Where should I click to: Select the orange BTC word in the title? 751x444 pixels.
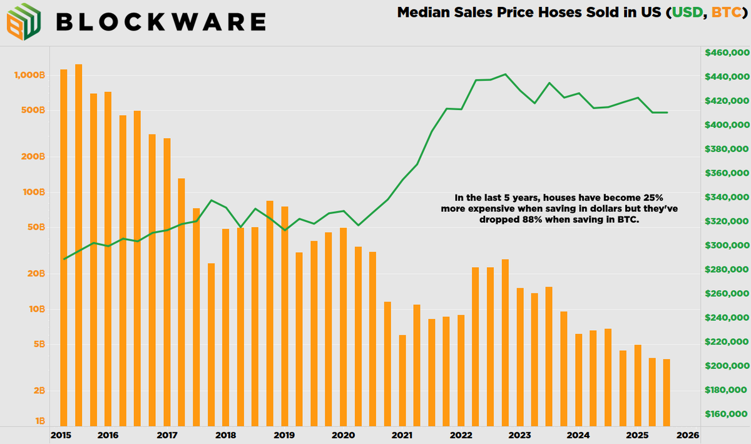(x=721, y=12)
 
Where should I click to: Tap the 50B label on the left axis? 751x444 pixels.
(x=36, y=228)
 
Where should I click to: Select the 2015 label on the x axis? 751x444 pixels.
(x=60, y=435)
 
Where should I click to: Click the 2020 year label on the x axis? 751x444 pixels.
(x=343, y=435)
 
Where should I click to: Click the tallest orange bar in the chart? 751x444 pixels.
(x=78, y=244)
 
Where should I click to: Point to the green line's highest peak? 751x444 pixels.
(x=505, y=74)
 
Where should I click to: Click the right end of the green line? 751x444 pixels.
(x=667, y=113)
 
